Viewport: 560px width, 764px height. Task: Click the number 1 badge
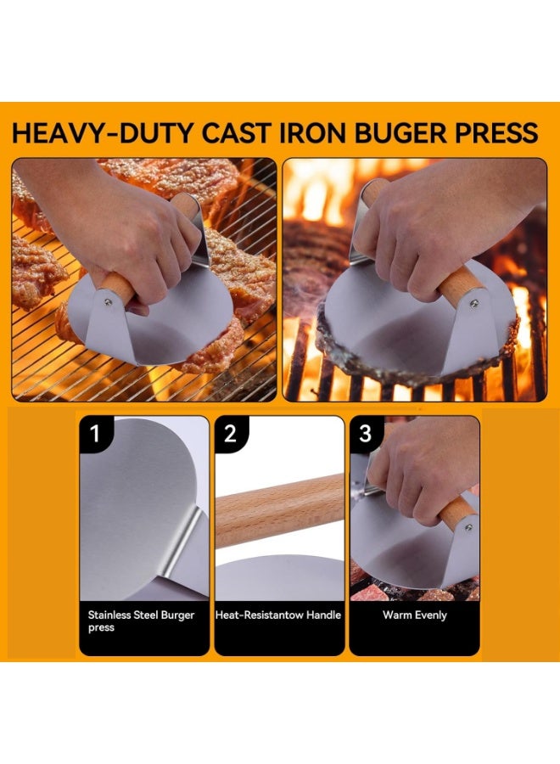coord(96,435)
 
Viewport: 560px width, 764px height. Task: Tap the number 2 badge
coord(231,435)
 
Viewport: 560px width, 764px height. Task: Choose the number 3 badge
coord(366,435)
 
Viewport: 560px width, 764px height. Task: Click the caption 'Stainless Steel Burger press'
coord(140,621)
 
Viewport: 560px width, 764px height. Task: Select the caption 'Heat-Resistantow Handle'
coord(279,615)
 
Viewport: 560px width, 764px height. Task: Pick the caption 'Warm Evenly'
coord(414,615)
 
